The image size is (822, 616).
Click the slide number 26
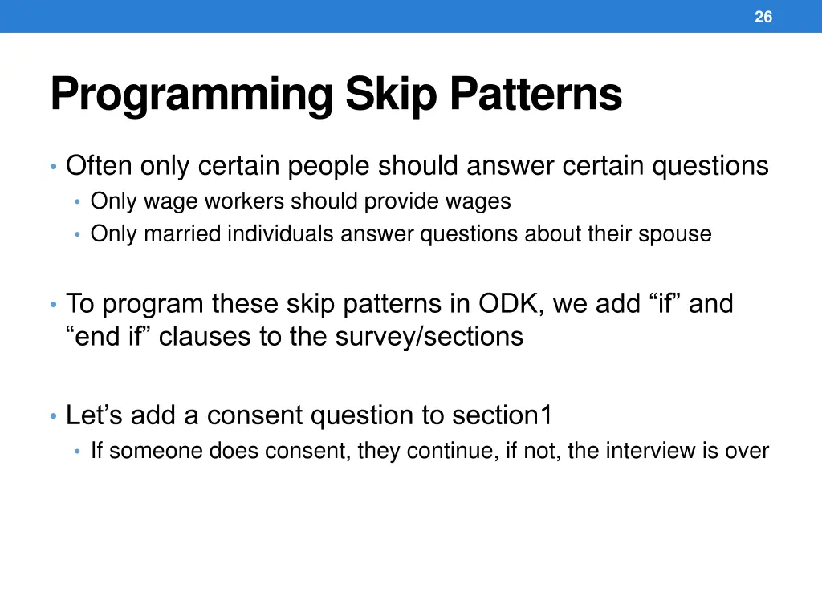[x=763, y=17]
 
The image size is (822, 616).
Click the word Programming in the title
[x=192, y=95]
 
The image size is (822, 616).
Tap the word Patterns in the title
[x=536, y=95]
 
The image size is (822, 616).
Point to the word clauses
[x=205, y=336]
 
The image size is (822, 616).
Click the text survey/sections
[x=429, y=336]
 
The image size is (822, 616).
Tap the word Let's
[x=95, y=415]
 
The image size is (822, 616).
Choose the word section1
[x=503, y=415]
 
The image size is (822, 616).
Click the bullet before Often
[x=53, y=167]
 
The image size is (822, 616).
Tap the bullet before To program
[x=53, y=305]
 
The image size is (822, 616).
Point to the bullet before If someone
[x=78, y=451]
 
